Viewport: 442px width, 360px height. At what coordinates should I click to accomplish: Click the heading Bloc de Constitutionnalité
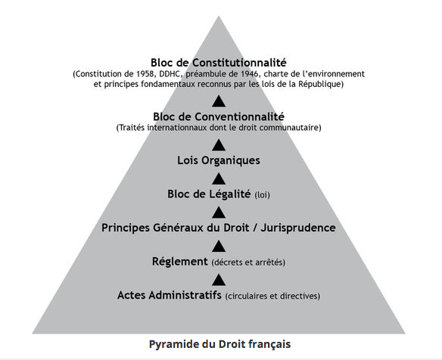pos(219,62)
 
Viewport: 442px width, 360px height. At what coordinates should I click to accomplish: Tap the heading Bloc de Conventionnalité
pos(219,116)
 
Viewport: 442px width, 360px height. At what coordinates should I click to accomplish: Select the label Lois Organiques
pos(219,160)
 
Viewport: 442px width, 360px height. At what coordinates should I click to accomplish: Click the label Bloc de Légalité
pos(209,194)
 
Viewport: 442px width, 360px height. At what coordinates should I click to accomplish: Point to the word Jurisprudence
pos(298,228)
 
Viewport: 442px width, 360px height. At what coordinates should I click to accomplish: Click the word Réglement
pos(180,262)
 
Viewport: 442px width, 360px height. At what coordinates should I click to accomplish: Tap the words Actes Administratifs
pos(169,295)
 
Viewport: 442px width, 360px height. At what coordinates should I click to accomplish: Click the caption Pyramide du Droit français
pos(219,344)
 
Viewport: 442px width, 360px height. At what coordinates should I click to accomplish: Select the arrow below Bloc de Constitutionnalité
pos(219,101)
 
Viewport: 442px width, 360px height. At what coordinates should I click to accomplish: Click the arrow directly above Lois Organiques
pos(219,144)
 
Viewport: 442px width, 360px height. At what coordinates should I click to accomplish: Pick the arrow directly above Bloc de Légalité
pos(219,178)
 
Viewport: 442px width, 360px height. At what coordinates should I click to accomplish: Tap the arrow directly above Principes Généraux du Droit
pos(219,213)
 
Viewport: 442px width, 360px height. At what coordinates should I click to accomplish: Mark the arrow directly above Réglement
pos(219,246)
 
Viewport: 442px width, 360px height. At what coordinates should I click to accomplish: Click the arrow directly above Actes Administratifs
pos(219,280)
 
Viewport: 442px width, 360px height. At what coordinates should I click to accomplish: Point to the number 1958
pos(146,74)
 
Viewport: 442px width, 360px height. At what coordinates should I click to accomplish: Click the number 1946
pos(249,74)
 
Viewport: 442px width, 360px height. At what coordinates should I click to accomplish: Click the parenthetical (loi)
pos(262,195)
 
